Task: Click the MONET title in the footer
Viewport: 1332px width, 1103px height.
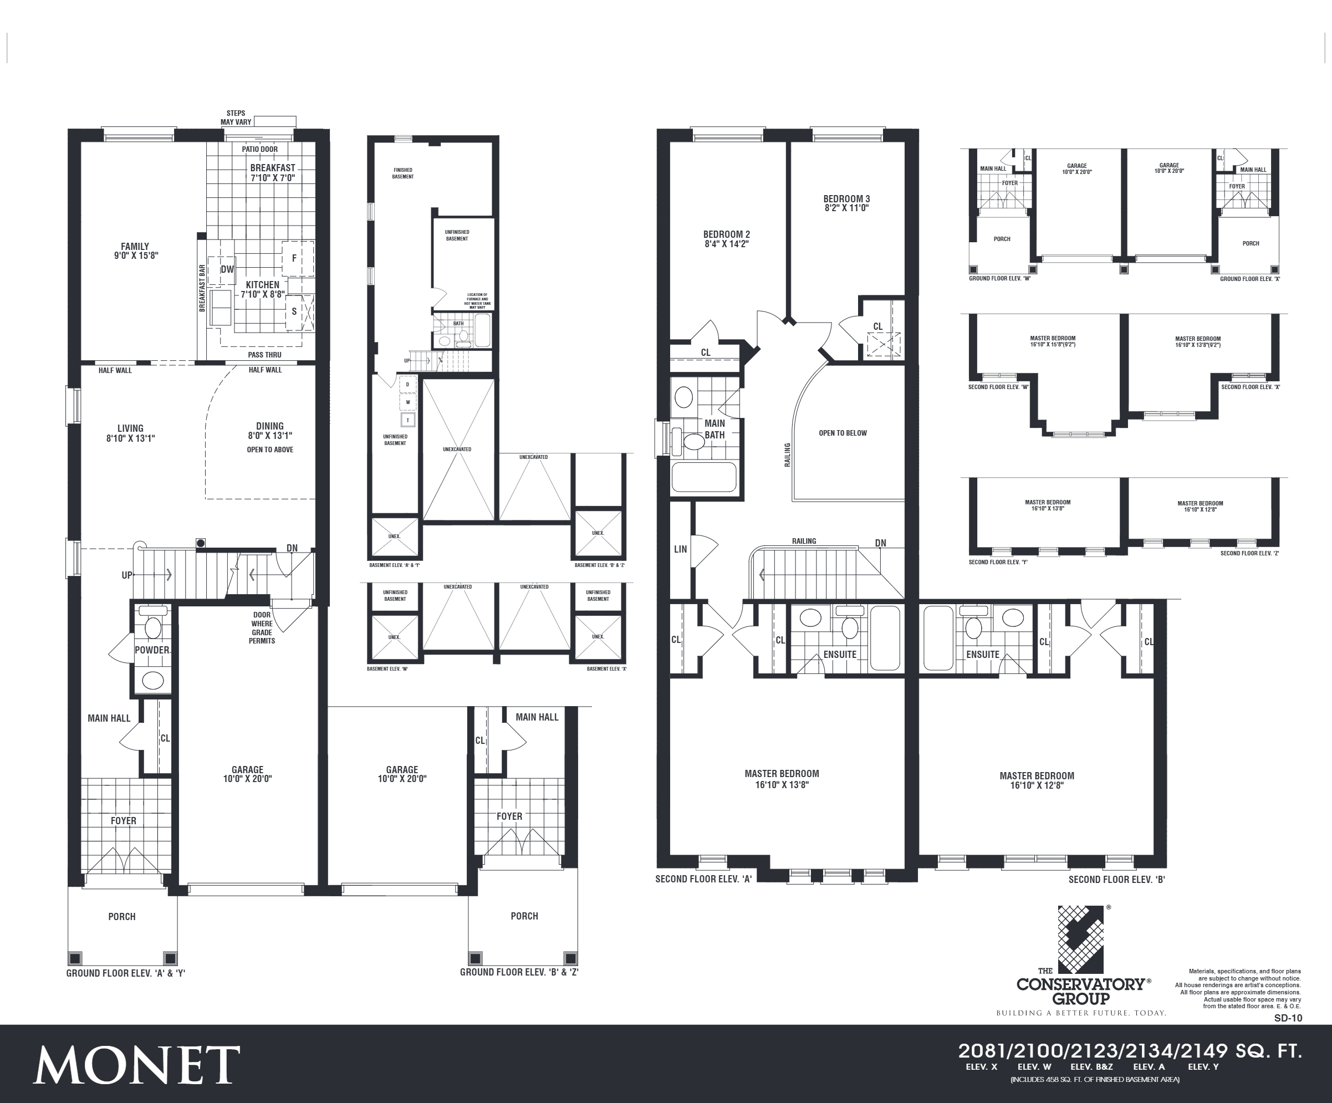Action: [136, 1065]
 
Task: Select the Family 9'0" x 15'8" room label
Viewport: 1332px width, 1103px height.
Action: [135, 251]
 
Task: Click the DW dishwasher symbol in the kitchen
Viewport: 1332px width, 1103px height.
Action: [227, 269]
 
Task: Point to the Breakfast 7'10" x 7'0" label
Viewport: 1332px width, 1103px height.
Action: [273, 172]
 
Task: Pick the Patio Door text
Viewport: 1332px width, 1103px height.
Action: [259, 150]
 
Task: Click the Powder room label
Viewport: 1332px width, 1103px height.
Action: [152, 650]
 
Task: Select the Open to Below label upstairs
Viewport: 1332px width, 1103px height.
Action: [843, 433]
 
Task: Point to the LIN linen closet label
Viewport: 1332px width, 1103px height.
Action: [680, 549]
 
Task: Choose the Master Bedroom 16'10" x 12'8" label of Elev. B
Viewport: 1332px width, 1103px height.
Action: [1037, 780]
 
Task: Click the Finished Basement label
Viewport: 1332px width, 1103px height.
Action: [403, 173]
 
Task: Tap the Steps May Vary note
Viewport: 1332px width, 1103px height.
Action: [236, 118]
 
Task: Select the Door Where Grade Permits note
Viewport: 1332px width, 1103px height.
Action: [262, 628]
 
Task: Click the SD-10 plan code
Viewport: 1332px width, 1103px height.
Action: [1288, 1018]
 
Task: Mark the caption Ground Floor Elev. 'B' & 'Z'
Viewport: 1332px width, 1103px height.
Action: [519, 972]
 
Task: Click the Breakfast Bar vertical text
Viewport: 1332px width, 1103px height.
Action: [202, 288]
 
